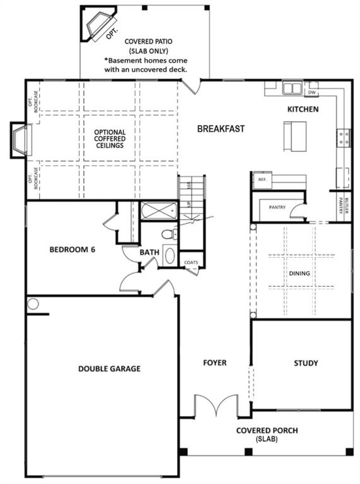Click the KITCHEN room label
[303, 109]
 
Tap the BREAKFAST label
[221, 129]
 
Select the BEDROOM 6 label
[73, 250]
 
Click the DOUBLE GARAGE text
[109, 369]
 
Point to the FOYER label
[214, 363]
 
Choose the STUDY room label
[306, 363]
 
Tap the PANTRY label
[277, 207]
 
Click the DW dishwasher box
[311, 92]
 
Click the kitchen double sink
[292, 88]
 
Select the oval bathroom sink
[170, 256]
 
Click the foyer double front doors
[216, 406]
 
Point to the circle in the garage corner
[33, 304]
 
